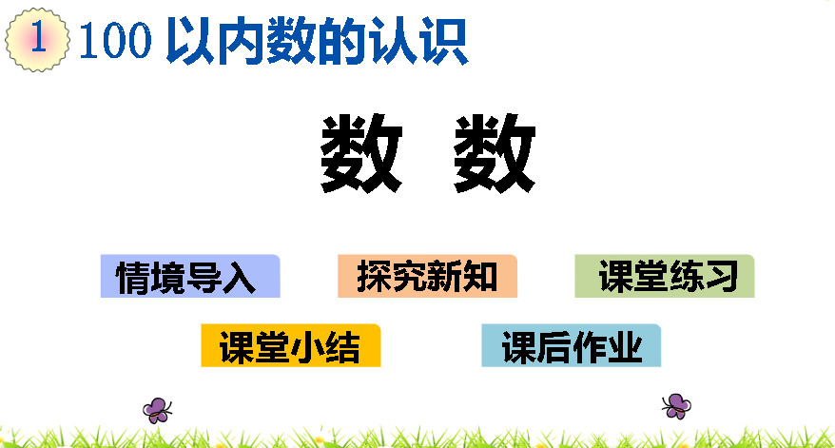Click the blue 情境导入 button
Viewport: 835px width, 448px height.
click(190, 276)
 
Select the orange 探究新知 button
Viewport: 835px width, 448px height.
click(427, 276)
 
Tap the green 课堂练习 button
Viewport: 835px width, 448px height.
click(665, 276)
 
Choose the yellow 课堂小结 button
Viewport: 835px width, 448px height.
click(291, 345)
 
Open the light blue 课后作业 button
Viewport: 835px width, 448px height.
click(572, 345)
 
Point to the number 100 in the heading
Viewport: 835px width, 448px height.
click(116, 40)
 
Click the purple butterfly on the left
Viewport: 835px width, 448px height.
click(157, 410)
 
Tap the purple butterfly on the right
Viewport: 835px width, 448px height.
click(676, 406)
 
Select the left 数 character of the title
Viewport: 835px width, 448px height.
click(361, 153)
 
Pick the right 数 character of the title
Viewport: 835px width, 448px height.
click(495, 153)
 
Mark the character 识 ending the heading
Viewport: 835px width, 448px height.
click(444, 41)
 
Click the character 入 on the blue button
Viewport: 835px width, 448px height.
click(239, 277)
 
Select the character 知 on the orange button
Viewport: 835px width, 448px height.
click(480, 277)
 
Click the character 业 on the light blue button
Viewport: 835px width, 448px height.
click(625, 347)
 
